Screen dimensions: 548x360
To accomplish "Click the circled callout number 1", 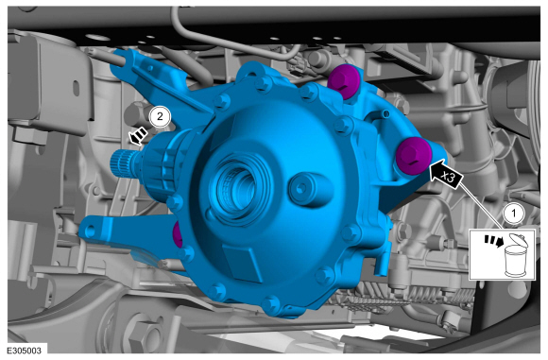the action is click(513, 214).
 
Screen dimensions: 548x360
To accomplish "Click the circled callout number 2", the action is click(160, 116).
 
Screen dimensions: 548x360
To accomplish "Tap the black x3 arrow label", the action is click(446, 174).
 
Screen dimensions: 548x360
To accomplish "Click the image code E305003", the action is click(24, 351).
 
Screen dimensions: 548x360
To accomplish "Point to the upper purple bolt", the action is click(343, 81).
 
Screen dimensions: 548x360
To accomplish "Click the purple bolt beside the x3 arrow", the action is click(414, 155).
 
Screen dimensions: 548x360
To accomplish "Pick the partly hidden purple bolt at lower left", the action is click(178, 234).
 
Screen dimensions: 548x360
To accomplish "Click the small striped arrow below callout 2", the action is click(138, 135).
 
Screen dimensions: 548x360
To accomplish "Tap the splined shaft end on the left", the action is click(121, 162).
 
